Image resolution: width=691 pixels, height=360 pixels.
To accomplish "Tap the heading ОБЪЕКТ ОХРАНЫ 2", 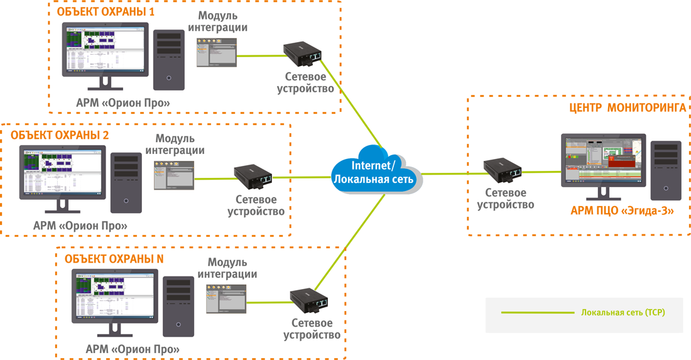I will pyautogui.click(x=60, y=134).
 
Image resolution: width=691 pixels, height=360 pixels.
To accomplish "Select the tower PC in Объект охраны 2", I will pyautogui.click(x=128, y=182).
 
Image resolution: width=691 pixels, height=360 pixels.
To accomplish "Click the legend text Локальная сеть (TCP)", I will pyautogui.click(x=623, y=312).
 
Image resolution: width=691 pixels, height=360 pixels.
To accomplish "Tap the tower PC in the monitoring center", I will pyautogui.click(x=665, y=170).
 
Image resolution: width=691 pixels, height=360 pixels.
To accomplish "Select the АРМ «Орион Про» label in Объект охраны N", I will pyautogui.click(x=133, y=349).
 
